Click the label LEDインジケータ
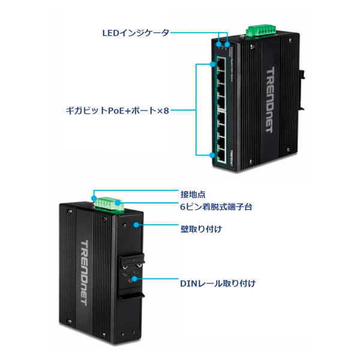pyautogui.click(x=137, y=32)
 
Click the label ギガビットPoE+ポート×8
pyautogui.click(x=118, y=110)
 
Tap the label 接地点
pyautogui.click(x=193, y=194)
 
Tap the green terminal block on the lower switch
pyautogui.click(x=108, y=205)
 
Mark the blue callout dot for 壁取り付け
pyautogui.click(x=137, y=226)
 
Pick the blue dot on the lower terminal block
pyautogui.click(x=122, y=206)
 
